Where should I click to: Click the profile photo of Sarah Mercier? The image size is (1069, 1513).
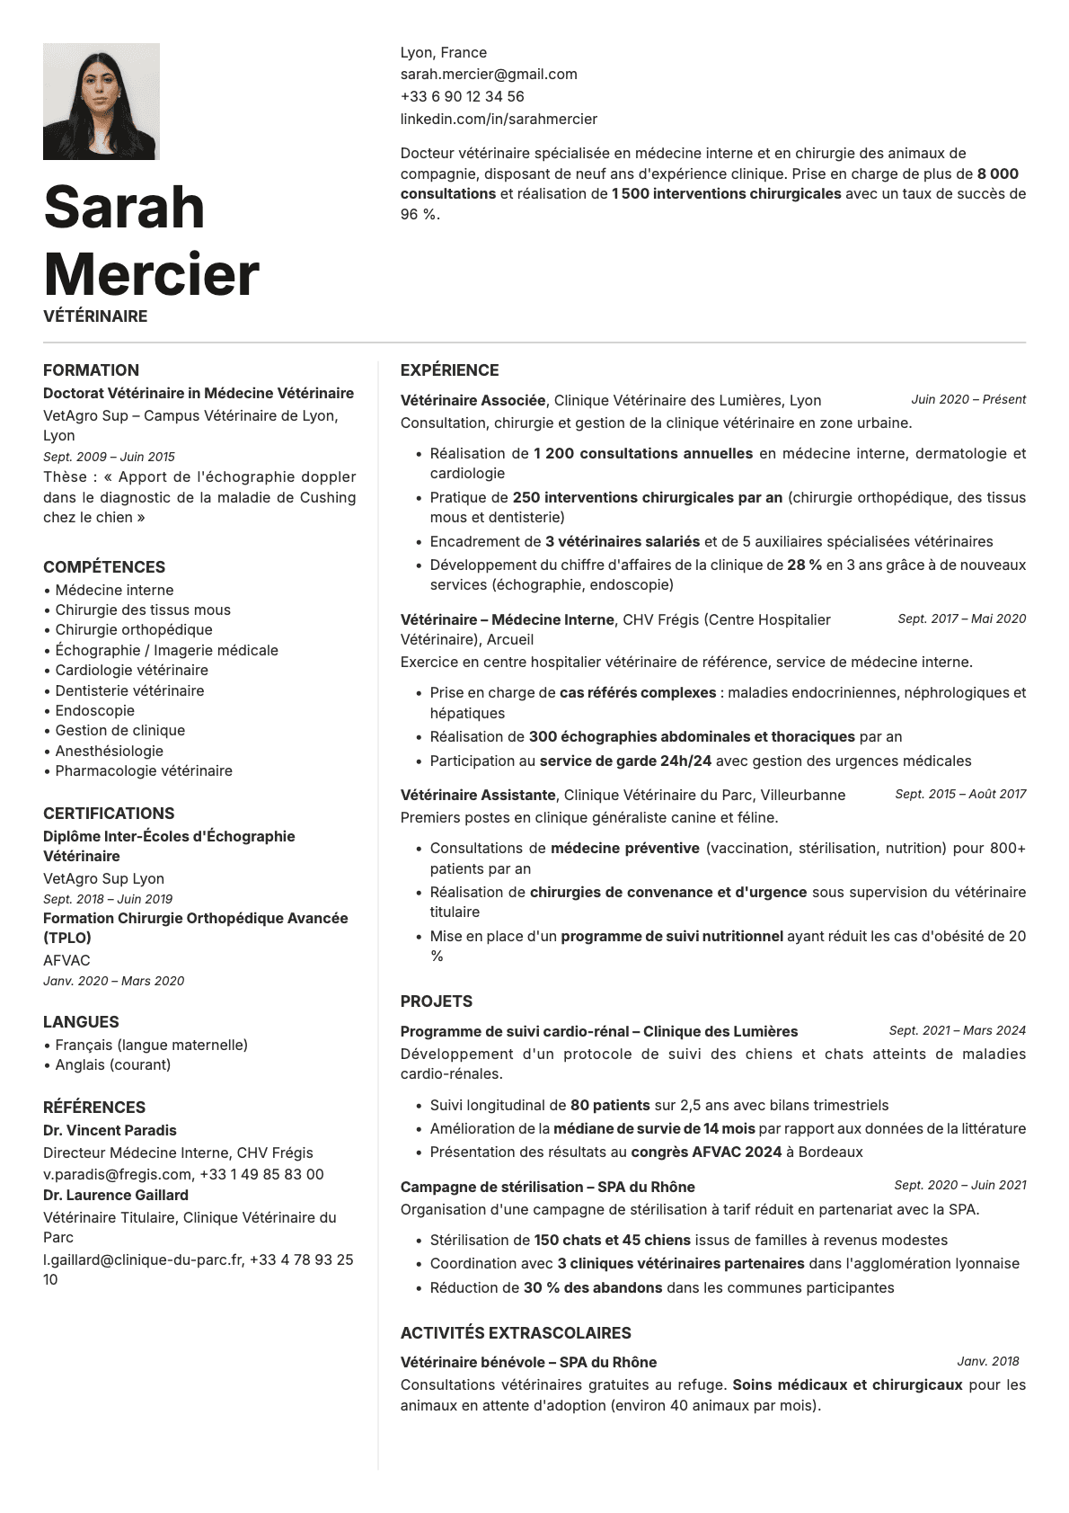click(x=101, y=102)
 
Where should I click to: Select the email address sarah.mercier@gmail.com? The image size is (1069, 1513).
click(x=489, y=75)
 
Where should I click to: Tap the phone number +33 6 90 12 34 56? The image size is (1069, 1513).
click(x=462, y=96)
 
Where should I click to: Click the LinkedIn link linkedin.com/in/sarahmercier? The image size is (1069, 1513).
click(x=499, y=119)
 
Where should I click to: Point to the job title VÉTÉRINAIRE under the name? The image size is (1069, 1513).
click(x=95, y=316)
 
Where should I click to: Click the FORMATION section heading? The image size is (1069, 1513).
click(x=91, y=370)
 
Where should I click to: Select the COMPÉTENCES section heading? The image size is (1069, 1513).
click(x=104, y=567)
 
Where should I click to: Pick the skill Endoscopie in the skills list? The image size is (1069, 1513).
click(x=94, y=710)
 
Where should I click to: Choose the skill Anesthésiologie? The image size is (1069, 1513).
click(x=109, y=751)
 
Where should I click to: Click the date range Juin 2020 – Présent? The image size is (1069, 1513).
click(x=967, y=400)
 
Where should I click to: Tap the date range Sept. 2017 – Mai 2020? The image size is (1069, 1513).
click(x=961, y=619)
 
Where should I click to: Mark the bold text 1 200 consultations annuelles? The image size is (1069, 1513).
click(x=642, y=454)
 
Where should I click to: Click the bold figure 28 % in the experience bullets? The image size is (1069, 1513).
click(x=804, y=565)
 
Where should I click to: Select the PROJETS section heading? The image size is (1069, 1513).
click(x=436, y=1001)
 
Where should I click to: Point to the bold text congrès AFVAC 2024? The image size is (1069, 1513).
click(x=706, y=1153)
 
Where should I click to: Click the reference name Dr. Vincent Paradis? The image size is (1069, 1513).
click(x=110, y=1131)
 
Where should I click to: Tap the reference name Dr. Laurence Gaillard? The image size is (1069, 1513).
click(x=116, y=1196)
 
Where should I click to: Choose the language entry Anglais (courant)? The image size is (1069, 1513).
click(x=112, y=1065)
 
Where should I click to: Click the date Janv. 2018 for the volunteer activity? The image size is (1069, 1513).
click(x=988, y=1361)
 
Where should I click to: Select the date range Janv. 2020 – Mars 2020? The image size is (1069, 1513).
click(x=113, y=981)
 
